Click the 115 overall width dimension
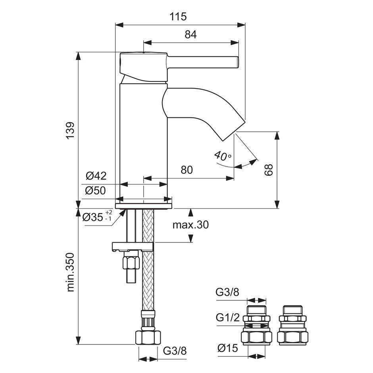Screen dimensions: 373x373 pos(178,17)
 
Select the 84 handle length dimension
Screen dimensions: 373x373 pos(190,35)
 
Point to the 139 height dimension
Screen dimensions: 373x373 pos(70,131)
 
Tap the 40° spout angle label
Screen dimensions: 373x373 pos(223,156)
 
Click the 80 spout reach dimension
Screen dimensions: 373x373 pos(187,170)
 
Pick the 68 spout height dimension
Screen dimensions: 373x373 pos(269,169)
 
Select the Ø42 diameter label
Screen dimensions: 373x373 pos(96,176)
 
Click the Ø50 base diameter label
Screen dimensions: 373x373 pos(95,190)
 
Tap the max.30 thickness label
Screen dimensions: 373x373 pos(190,225)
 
